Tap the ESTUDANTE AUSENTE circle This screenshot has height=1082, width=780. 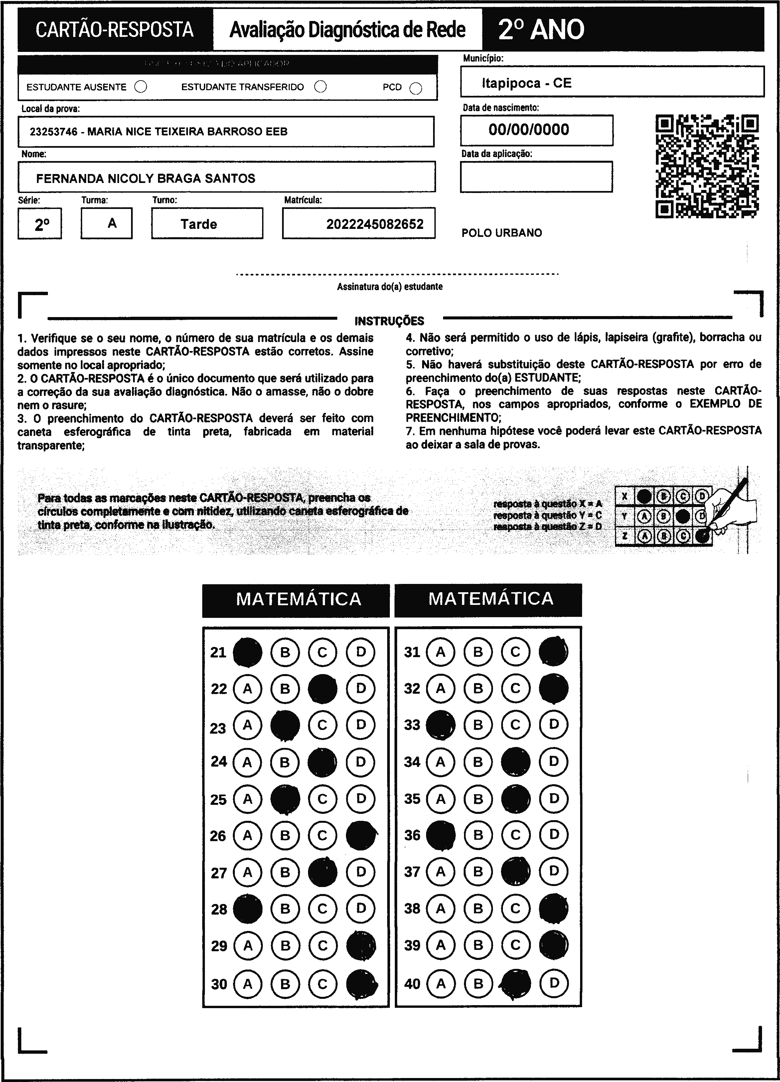[x=141, y=87]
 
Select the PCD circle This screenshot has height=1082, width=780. [x=415, y=89]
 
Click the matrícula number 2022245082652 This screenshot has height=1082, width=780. [x=375, y=224]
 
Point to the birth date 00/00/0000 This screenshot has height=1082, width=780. [x=529, y=130]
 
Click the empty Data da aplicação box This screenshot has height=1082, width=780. [x=536, y=177]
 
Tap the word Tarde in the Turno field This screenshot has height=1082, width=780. [x=199, y=224]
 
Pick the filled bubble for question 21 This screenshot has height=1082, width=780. [x=247, y=652]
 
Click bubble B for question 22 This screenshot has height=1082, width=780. [x=285, y=689]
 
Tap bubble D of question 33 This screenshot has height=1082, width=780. [x=553, y=725]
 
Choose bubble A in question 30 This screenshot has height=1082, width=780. [x=247, y=984]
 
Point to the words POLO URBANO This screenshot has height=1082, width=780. [x=501, y=233]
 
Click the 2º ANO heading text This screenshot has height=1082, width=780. [x=541, y=30]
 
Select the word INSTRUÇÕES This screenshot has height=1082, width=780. [x=389, y=321]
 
